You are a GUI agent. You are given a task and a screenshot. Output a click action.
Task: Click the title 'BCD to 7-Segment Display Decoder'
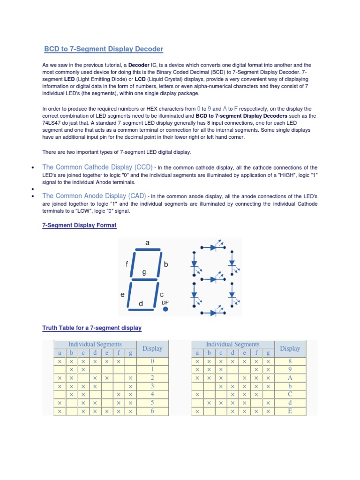(x=104, y=49)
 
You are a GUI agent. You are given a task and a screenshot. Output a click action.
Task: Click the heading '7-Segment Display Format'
(x=79, y=225)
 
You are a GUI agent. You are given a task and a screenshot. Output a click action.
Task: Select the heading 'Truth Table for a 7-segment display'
(x=92, y=328)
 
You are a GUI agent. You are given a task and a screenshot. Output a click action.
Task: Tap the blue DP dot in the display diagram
(x=165, y=309)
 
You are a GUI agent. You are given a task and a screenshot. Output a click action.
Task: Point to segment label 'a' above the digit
(x=148, y=242)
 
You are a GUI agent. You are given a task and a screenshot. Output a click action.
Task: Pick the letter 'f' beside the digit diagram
(x=127, y=264)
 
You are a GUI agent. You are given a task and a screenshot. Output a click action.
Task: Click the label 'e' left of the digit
(x=122, y=295)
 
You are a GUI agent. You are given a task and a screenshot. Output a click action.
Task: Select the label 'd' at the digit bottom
(x=141, y=304)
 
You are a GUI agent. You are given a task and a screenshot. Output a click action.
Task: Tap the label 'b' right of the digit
(x=165, y=264)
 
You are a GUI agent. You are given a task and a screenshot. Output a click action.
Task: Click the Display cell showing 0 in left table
(x=152, y=361)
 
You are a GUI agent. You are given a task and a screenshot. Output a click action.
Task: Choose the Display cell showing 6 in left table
(x=152, y=411)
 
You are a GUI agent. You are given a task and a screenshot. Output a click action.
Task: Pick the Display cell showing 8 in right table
(x=290, y=361)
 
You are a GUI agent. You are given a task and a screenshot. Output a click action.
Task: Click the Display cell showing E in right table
(x=290, y=411)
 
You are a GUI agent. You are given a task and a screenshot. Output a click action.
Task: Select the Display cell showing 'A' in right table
(x=290, y=378)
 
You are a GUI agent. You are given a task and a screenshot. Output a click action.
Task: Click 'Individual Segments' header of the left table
(x=95, y=345)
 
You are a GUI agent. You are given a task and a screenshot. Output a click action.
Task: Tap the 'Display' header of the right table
(x=290, y=348)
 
